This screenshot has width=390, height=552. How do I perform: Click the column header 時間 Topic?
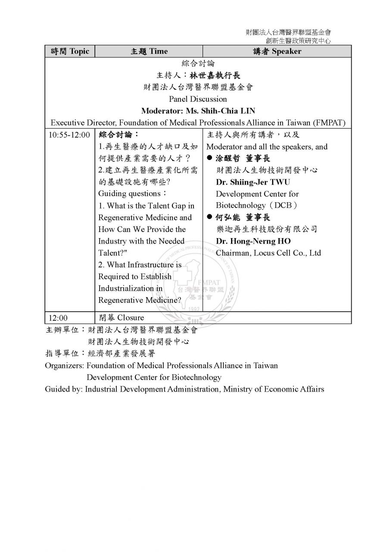coord(70,51)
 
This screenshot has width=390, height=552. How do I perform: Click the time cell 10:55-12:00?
coord(69,135)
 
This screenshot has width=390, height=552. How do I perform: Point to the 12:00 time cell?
coord(58,318)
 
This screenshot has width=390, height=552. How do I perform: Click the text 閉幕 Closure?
coord(121,318)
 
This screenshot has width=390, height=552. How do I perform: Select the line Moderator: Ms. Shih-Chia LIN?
coord(198,111)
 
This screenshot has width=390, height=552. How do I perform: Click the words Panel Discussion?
coord(198,99)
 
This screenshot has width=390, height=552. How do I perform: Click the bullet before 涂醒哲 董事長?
coord(210,159)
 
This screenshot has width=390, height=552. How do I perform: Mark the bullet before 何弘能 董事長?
coord(210,218)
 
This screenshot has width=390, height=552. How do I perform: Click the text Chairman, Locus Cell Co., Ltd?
coord(268,253)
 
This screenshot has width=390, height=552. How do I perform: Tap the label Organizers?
coord(65,366)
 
